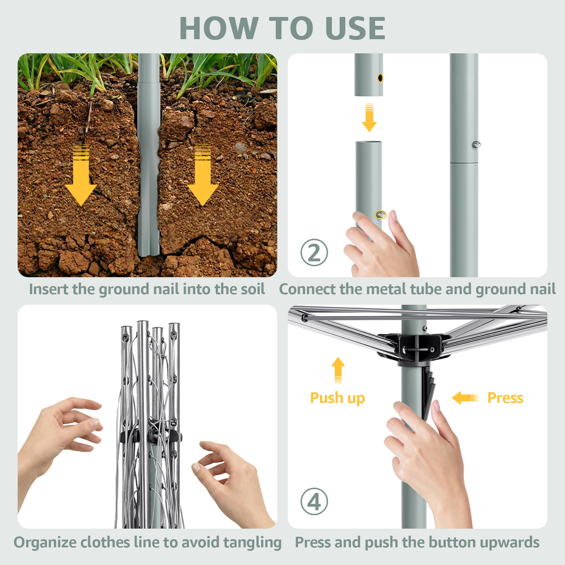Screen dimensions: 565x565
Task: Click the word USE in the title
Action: [355, 28]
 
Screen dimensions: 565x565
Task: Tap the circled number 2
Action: [314, 252]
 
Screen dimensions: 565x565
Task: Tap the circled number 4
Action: [314, 501]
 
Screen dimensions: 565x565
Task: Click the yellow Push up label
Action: [338, 398]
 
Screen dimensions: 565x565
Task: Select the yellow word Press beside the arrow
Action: [505, 398]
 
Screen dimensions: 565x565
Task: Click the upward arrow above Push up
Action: [338, 370]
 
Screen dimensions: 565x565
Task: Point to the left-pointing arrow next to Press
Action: [465, 398]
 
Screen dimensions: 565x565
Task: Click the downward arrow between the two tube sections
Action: [369, 117]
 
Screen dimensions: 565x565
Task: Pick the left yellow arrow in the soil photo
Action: [81, 175]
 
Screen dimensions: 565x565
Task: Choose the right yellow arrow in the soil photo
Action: [202, 175]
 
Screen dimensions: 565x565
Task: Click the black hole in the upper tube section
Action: [380, 78]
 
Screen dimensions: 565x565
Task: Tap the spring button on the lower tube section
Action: [381, 215]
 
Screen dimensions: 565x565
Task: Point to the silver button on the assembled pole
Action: [476, 144]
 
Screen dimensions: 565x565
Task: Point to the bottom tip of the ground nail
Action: [148, 256]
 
